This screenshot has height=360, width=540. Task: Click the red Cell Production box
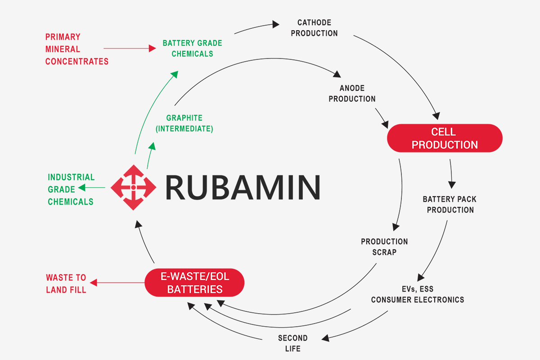tap(445, 138)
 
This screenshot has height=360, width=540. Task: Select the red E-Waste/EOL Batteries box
tap(194, 283)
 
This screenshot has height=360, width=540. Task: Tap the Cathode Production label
tap(314, 28)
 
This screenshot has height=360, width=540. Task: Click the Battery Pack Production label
tap(450, 204)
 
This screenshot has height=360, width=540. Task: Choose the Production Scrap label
tap(384, 247)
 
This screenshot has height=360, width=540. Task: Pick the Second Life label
tap(293, 343)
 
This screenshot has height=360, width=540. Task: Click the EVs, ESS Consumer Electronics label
tap(418, 294)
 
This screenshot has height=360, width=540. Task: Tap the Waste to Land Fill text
tap(66, 283)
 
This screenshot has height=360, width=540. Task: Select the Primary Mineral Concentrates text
tap(77, 49)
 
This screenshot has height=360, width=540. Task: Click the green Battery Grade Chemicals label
tap(193, 48)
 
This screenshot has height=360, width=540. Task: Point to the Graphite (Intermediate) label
tap(184, 123)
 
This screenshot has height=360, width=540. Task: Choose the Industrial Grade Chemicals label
tap(71, 189)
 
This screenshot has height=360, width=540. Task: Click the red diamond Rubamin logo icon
tap(133, 187)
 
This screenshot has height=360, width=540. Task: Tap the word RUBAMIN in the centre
tap(243, 187)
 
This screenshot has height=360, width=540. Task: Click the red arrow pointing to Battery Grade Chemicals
tap(130, 48)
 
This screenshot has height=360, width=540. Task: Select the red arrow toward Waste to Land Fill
tap(117, 283)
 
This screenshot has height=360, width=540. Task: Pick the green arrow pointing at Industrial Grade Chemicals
tap(92, 187)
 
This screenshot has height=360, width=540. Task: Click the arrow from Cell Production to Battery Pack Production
tap(451, 174)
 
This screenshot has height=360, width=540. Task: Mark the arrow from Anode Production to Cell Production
tap(382, 118)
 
